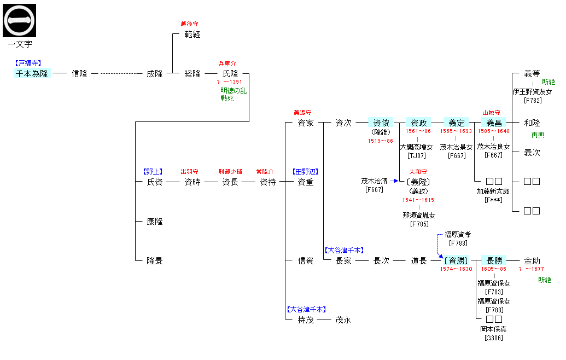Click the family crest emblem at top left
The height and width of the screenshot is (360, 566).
pos(20,20)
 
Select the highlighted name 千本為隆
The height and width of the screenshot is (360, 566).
pos(32,73)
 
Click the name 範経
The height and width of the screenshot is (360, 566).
pos(192,34)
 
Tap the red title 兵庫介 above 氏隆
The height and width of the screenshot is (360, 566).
pos(227,63)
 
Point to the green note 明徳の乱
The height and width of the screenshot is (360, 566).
pos(234,91)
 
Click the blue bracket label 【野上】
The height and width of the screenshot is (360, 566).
pos(153,171)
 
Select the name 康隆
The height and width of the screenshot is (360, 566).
pos(154,222)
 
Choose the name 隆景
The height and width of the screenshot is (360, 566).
pos(154,261)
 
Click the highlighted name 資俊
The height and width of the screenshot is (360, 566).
pos(381,123)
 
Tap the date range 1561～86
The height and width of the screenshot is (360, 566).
pos(418,131)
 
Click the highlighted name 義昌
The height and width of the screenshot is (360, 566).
pos(494,123)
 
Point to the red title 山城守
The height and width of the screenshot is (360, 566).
pos(491,113)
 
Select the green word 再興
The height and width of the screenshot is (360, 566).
pos(538,135)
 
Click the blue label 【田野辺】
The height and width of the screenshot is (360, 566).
pos(305,171)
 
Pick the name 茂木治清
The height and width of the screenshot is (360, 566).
pos(374,181)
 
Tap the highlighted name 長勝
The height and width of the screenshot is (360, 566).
pos(494,261)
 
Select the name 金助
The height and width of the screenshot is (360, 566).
pos(532,261)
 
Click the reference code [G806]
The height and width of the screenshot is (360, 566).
pos(493,338)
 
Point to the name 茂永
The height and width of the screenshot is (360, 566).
pos(343,320)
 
